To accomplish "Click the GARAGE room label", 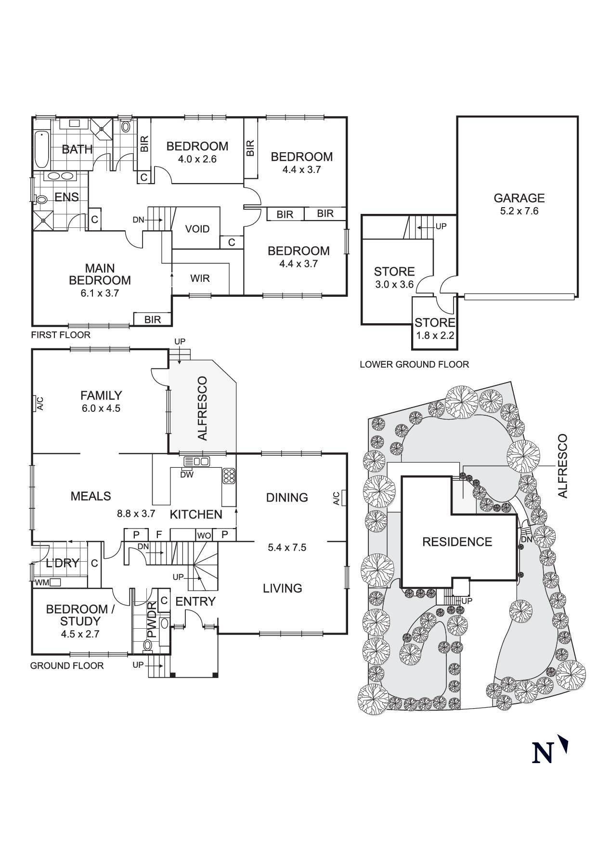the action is coord(519,198).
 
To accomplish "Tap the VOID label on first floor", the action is coord(197,229).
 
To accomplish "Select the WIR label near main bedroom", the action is coord(200,278).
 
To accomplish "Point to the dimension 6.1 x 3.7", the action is coord(100,293).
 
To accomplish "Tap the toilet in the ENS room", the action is coord(41,198).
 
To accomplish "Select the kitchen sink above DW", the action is coord(196,462).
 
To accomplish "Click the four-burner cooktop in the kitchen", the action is coord(229,475).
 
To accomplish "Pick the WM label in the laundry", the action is coord(42,582).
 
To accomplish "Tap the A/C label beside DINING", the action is coord(337,498).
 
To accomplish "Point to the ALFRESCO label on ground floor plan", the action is coord(203,408).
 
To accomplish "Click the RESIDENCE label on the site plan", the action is coord(457,542).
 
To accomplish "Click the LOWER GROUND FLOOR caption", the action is coord(414,365).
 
